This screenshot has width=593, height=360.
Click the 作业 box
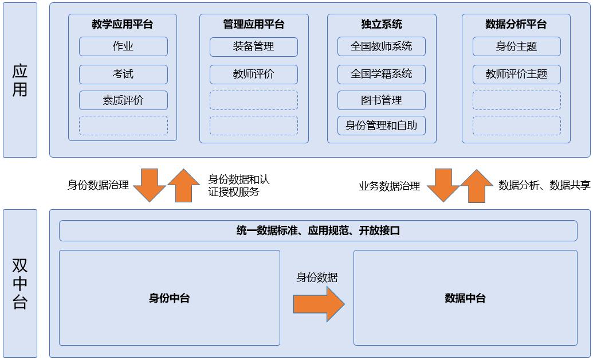(123, 46)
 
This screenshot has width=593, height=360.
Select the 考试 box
(123, 74)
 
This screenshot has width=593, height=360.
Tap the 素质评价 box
(123, 100)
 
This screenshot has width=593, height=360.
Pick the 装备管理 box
(253, 46)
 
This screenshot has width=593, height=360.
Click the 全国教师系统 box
(381, 46)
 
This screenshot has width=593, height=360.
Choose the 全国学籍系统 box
(381, 74)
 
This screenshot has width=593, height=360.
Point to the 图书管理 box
(381, 100)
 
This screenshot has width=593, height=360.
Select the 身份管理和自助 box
(381, 126)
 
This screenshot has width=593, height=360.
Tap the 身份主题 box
(516, 46)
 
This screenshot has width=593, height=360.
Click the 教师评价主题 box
(516, 74)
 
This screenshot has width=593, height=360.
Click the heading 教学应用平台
(123, 24)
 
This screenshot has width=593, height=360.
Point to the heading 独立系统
(382, 24)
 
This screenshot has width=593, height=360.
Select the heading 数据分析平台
(516, 24)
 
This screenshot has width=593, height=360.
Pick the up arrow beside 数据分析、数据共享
(476, 186)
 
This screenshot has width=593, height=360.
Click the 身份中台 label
(169, 298)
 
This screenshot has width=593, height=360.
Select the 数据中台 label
(465, 298)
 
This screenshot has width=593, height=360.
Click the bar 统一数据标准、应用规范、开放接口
(318, 230)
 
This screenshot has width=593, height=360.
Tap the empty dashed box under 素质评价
(123, 126)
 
